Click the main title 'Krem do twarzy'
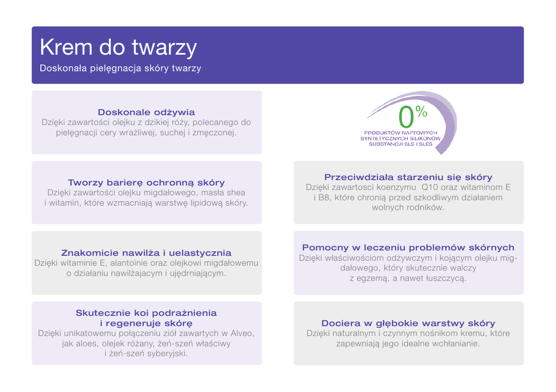[118, 47]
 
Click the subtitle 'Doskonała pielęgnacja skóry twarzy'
[120, 68]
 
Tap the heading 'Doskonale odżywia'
[147, 112]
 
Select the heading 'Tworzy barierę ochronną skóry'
[147, 182]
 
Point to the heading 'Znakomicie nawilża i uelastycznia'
[147, 252]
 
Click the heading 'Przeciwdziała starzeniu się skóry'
[408, 177]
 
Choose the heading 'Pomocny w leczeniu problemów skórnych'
[408, 248]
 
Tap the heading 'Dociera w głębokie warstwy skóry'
[408, 323]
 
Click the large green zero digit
[406, 117]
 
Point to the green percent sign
[421, 111]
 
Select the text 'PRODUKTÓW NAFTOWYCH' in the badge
[401, 133]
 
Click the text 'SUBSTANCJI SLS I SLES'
[401, 144]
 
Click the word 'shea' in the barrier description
[236, 193]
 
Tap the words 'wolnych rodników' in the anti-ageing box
[408, 208]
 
